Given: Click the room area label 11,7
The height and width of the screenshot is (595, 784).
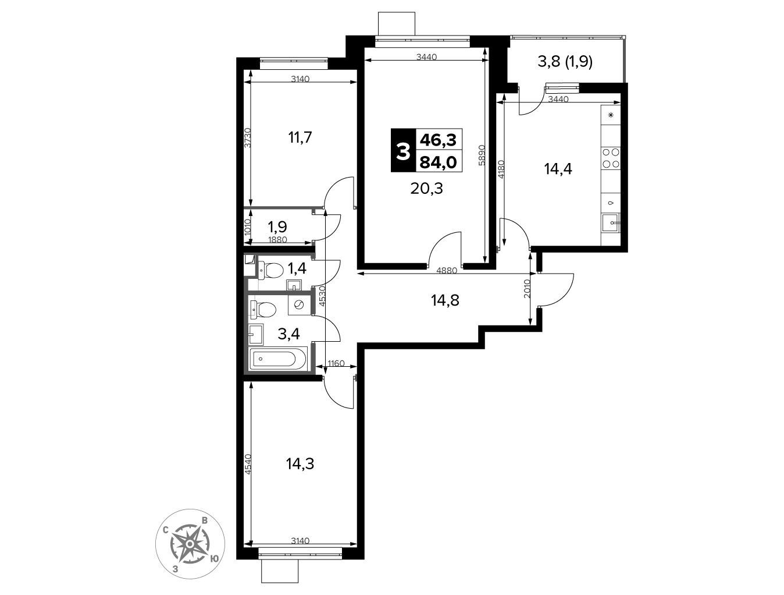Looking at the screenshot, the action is coord(300,137).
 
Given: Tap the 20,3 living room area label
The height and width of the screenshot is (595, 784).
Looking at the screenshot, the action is coord(426,188).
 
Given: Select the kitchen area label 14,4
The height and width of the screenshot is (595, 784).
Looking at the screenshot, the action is coord(558,168).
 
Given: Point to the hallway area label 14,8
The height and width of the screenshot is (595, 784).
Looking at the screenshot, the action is coord(445,300).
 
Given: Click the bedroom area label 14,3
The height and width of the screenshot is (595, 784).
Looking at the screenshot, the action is coord(300,464).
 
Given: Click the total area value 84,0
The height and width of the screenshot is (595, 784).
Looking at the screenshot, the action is coord(438,162).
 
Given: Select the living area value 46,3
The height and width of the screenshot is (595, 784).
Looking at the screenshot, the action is coord(438,140).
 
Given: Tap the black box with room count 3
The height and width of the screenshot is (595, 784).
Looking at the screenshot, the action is coord(404,150).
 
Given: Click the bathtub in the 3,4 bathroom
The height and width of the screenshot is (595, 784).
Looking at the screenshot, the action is coord(278,359).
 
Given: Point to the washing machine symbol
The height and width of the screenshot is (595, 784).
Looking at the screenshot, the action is coord(298,305).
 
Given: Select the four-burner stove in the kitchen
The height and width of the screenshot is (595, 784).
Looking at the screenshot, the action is coord(611,158).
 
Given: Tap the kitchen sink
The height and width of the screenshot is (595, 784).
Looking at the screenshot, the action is coord(611,223).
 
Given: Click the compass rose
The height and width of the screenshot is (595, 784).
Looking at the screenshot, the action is coord(190,544).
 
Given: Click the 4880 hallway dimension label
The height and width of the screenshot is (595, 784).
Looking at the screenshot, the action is coord(447,271).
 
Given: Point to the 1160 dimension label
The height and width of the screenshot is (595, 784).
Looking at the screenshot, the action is coord(336,364).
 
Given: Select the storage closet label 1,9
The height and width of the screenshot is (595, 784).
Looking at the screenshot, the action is coord(277,226).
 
